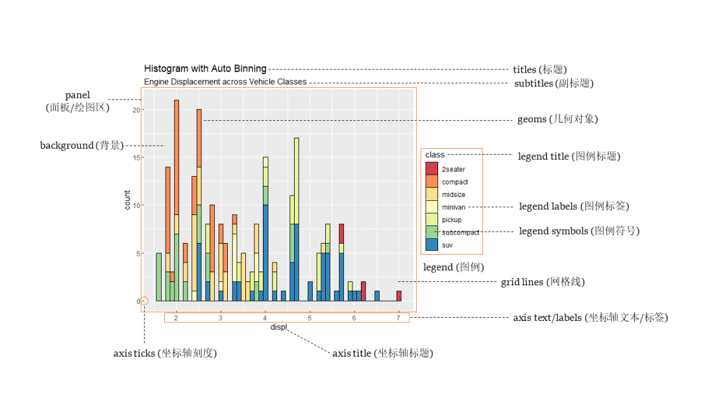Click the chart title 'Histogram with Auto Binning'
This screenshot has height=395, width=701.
(205, 69)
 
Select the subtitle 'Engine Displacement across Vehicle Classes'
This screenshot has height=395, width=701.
(225, 83)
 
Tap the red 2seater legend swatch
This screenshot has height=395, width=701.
(432, 169)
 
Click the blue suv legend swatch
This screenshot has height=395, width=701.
(432, 245)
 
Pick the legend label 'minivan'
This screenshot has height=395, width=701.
(453, 207)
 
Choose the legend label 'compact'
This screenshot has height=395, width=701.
(454, 182)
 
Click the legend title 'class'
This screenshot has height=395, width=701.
(435, 155)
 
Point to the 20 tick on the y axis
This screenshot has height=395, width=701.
(136, 110)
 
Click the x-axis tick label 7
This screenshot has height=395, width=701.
(399, 318)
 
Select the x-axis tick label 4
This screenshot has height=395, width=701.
(265, 318)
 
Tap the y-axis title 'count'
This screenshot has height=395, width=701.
(127, 200)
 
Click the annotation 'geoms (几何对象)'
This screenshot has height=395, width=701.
(557, 120)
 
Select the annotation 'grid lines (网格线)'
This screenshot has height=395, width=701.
(543, 283)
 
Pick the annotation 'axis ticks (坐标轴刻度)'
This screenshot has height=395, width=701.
(165, 353)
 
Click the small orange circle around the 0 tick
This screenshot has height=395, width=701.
(144, 301)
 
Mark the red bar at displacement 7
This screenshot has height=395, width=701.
(399, 296)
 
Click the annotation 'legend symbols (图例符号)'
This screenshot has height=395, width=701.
(579, 231)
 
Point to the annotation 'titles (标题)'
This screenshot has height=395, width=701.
(540, 70)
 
